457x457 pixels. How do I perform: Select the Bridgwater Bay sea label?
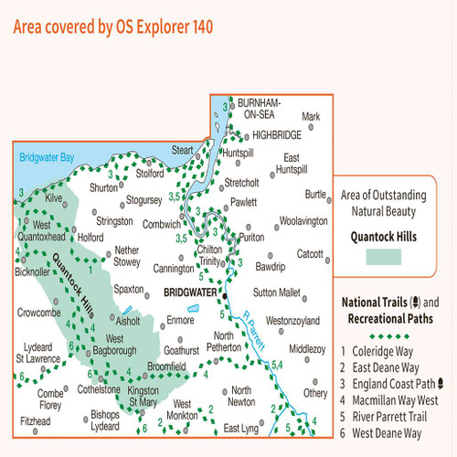(x=47, y=157)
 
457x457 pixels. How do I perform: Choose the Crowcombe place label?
(x=40, y=313)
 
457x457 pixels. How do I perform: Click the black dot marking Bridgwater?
(x=222, y=293)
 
